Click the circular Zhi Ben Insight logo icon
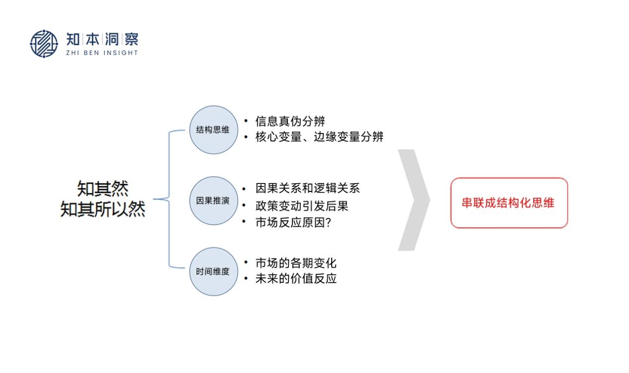(44, 44)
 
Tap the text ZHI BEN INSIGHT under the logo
(102, 53)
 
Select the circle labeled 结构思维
(213, 129)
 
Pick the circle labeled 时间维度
(213, 271)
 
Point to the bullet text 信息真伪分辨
(290, 121)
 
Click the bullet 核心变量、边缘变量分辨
(319, 137)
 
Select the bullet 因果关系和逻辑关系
(307, 188)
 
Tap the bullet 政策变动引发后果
(302, 205)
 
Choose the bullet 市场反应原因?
(293, 223)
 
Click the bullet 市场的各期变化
(296, 262)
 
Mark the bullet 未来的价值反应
(296, 278)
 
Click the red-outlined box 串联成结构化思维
(509, 203)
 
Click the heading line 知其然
(103, 188)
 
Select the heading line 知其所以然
(103, 209)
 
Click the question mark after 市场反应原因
(327, 223)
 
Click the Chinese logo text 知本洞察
(102, 40)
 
